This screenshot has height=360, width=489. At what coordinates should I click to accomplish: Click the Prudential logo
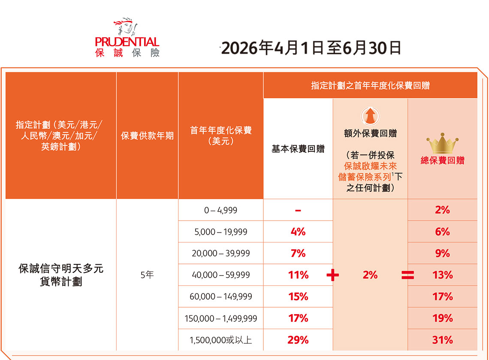(x=127, y=38)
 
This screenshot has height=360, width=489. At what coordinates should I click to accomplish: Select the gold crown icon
(x=442, y=145)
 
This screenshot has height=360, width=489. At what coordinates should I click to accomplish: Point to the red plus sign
(x=332, y=275)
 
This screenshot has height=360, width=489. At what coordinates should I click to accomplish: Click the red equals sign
(x=407, y=275)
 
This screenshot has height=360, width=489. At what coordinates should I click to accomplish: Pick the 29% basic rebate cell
(x=298, y=340)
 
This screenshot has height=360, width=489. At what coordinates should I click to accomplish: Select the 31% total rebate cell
(x=442, y=340)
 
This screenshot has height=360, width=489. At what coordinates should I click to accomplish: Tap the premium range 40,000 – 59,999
(x=221, y=275)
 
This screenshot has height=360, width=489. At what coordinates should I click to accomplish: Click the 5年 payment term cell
(x=147, y=275)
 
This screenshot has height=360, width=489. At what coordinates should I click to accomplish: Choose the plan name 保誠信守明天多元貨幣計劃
(x=61, y=275)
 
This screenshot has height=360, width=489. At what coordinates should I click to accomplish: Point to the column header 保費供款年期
(x=147, y=136)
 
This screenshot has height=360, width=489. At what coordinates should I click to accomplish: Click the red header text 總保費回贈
(x=442, y=161)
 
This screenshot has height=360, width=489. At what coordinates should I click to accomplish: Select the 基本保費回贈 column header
(x=298, y=149)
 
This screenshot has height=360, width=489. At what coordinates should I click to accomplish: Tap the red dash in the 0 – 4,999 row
(x=298, y=210)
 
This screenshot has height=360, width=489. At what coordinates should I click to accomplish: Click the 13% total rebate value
(x=442, y=275)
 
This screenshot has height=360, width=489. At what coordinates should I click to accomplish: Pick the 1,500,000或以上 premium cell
(x=221, y=340)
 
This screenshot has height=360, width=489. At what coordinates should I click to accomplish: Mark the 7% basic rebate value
(x=298, y=254)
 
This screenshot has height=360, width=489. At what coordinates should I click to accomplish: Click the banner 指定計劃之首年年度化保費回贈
(x=370, y=85)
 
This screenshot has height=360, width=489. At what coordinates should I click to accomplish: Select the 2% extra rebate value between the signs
(x=370, y=275)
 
